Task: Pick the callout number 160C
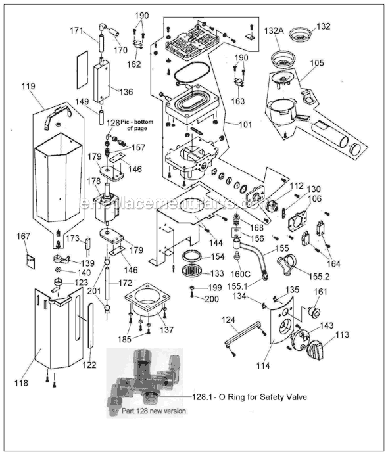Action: (x=241, y=273)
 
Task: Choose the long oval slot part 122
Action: (x=80, y=335)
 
